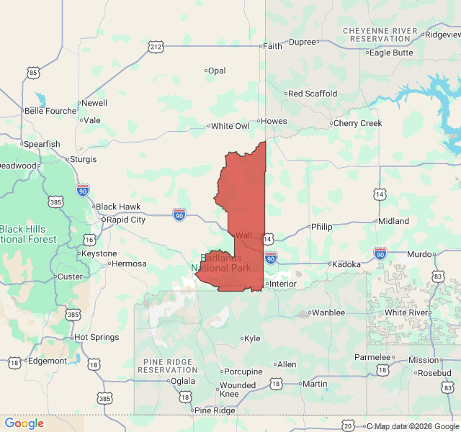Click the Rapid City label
pos(126,220)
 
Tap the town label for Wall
pos(243,235)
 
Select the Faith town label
pos(272,45)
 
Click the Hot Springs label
pos(96,337)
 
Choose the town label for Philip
pos(321,227)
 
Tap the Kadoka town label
pos(346,264)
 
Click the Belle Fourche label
pos(50,111)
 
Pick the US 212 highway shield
pos(156,47)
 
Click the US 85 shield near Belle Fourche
pos(33,73)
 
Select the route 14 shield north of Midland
pos(379,194)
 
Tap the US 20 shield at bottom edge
pos(349,426)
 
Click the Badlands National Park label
pos(221,263)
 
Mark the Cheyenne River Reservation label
pos(380,34)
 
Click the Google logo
pos(24,423)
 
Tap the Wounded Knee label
pos(237,390)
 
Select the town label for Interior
pos(282,284)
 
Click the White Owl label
pos(230,126)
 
